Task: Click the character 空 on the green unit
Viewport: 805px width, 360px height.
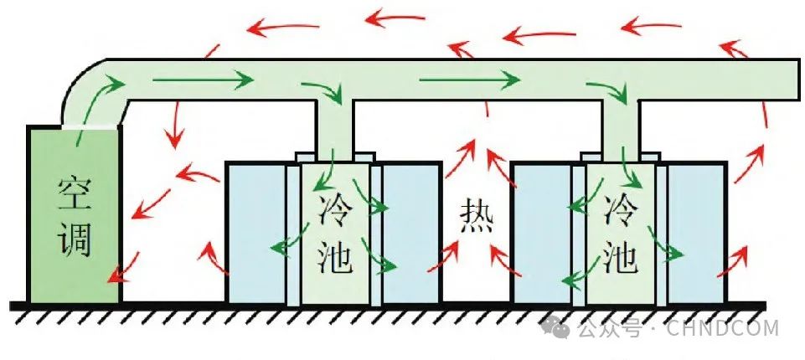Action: pyautogui.click(x=74, y=193)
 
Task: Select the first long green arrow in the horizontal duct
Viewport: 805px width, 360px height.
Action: pyautogui.click(x=203, y=80)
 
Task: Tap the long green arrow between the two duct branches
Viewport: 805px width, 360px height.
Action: pyautogui.click(x=469, y=80)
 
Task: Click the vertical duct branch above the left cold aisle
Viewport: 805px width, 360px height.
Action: pyautogui.click(x=333, y=126)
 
